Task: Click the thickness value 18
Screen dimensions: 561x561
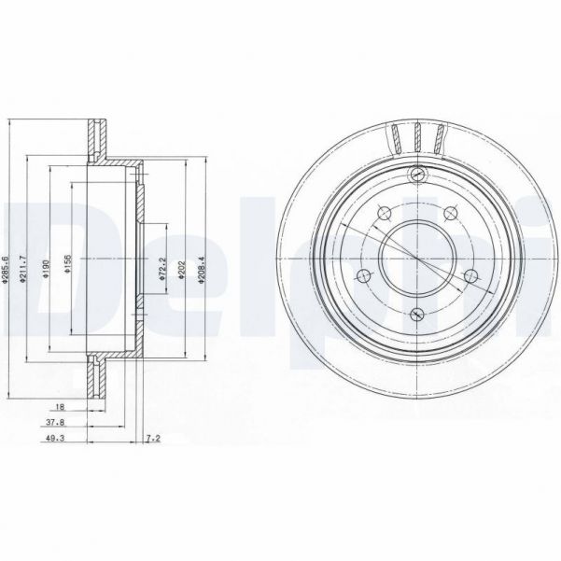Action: (60, 408)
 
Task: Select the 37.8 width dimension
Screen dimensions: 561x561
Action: (57, 422)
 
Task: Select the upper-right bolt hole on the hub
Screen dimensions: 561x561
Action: (452, 215)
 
